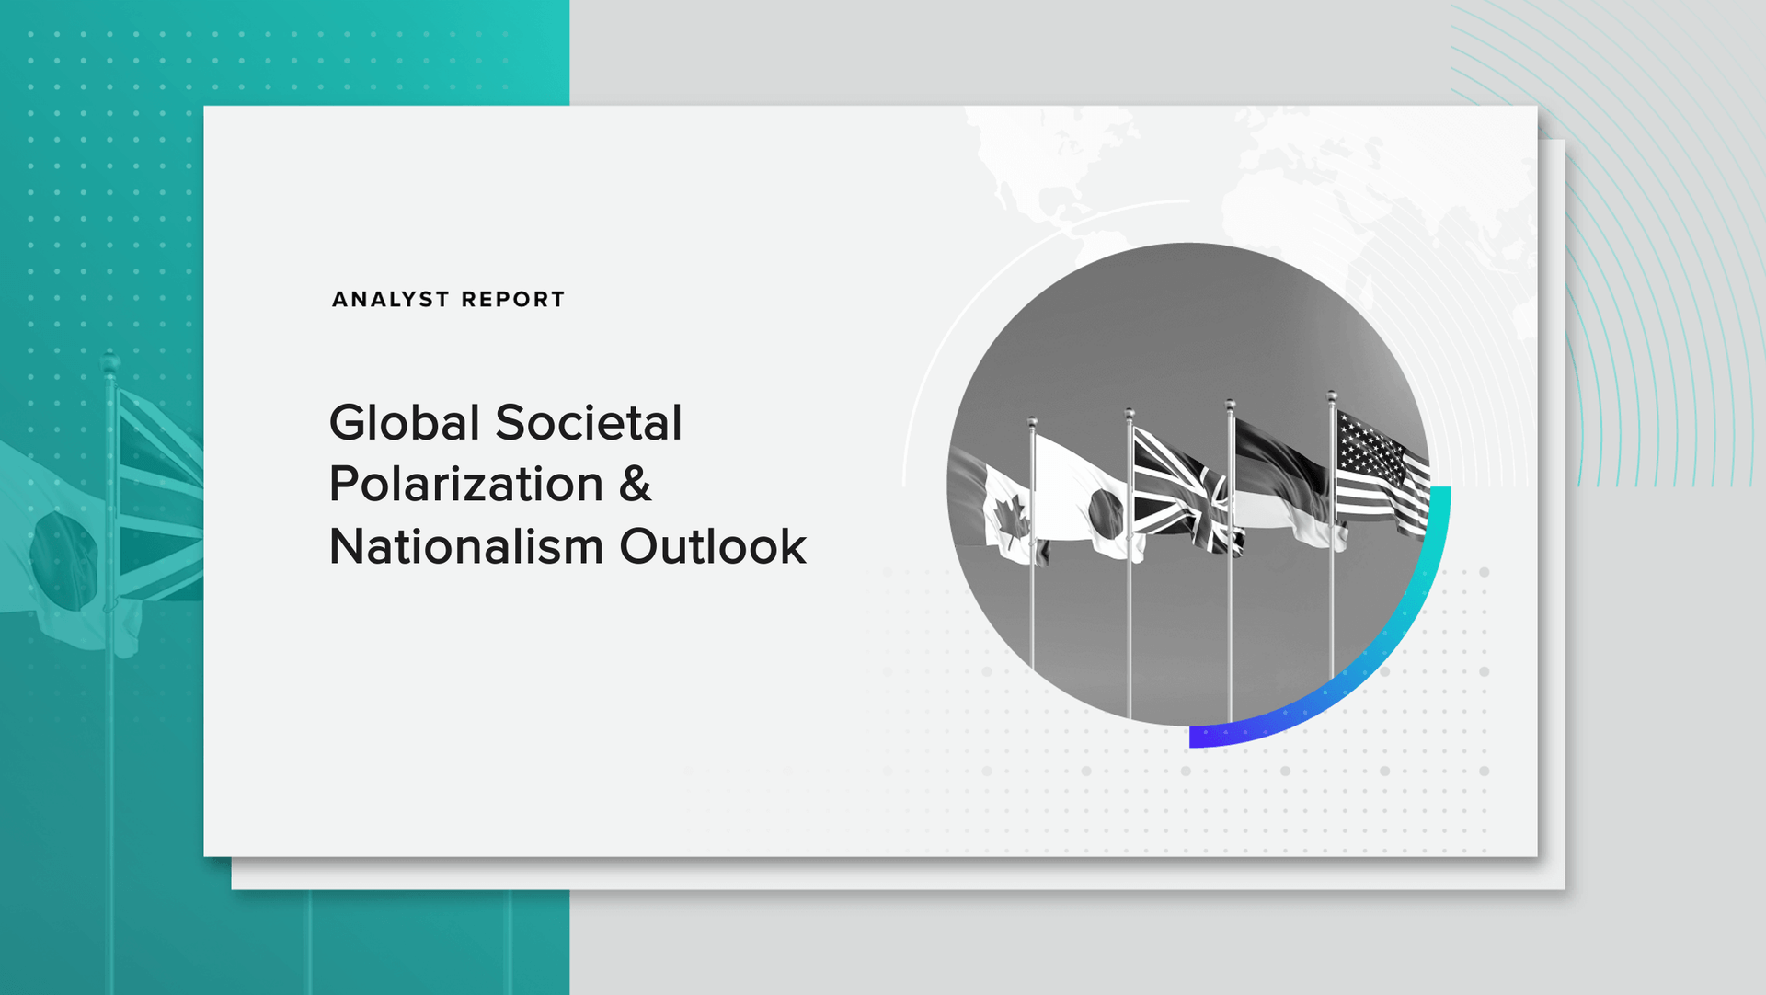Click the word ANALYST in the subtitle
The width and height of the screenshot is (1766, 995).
click(391, 300)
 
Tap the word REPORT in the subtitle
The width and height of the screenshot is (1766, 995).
click(513, 300)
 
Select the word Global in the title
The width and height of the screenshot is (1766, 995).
click(405, 423)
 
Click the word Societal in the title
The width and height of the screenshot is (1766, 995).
click(589, 423)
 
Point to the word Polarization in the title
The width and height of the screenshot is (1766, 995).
click(466, 485)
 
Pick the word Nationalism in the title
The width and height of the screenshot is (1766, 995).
click(466, 546)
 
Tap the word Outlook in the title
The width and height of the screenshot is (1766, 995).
click(713, 546)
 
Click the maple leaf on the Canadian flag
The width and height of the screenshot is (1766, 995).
click(1011, 524)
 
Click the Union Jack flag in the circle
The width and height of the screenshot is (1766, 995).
click(1187, 492)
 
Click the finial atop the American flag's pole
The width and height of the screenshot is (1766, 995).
click(1332, 396)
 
